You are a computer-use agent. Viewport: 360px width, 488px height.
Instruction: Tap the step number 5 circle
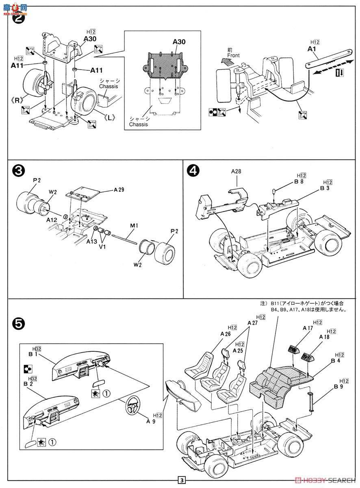pos(17,322)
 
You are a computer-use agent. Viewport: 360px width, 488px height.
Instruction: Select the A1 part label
pos(312,49)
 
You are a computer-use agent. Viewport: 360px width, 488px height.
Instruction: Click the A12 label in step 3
pos(52,219)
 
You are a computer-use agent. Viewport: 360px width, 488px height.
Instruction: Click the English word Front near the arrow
pos(234,55)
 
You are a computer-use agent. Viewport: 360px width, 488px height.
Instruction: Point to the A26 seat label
pos(226,334)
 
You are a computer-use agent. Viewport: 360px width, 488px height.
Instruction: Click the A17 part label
pos(308,328)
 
